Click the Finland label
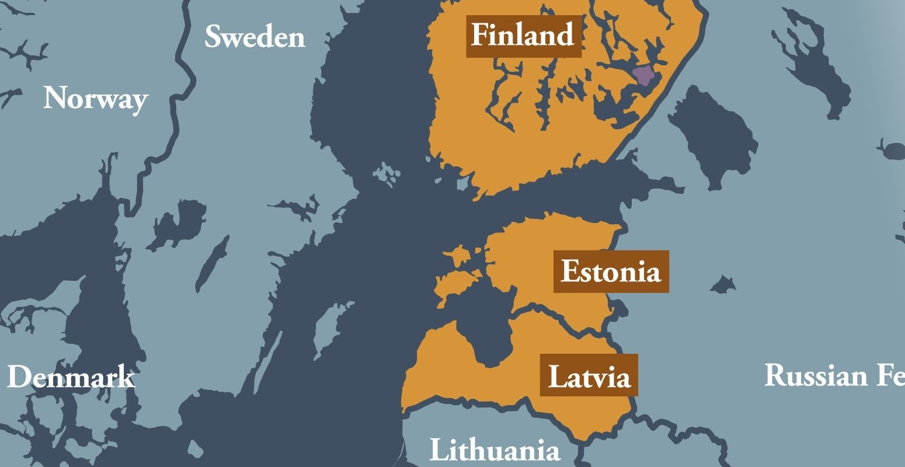[x=523, y=36]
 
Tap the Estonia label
[x=611, y=272]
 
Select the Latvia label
[x=589, y=376]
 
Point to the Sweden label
[x=255, y=37]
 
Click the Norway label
[x=95, y=99]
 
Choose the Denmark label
[x=71, y=377]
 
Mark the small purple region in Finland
[x=643, y=75]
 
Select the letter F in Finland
[x=479, y=36]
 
